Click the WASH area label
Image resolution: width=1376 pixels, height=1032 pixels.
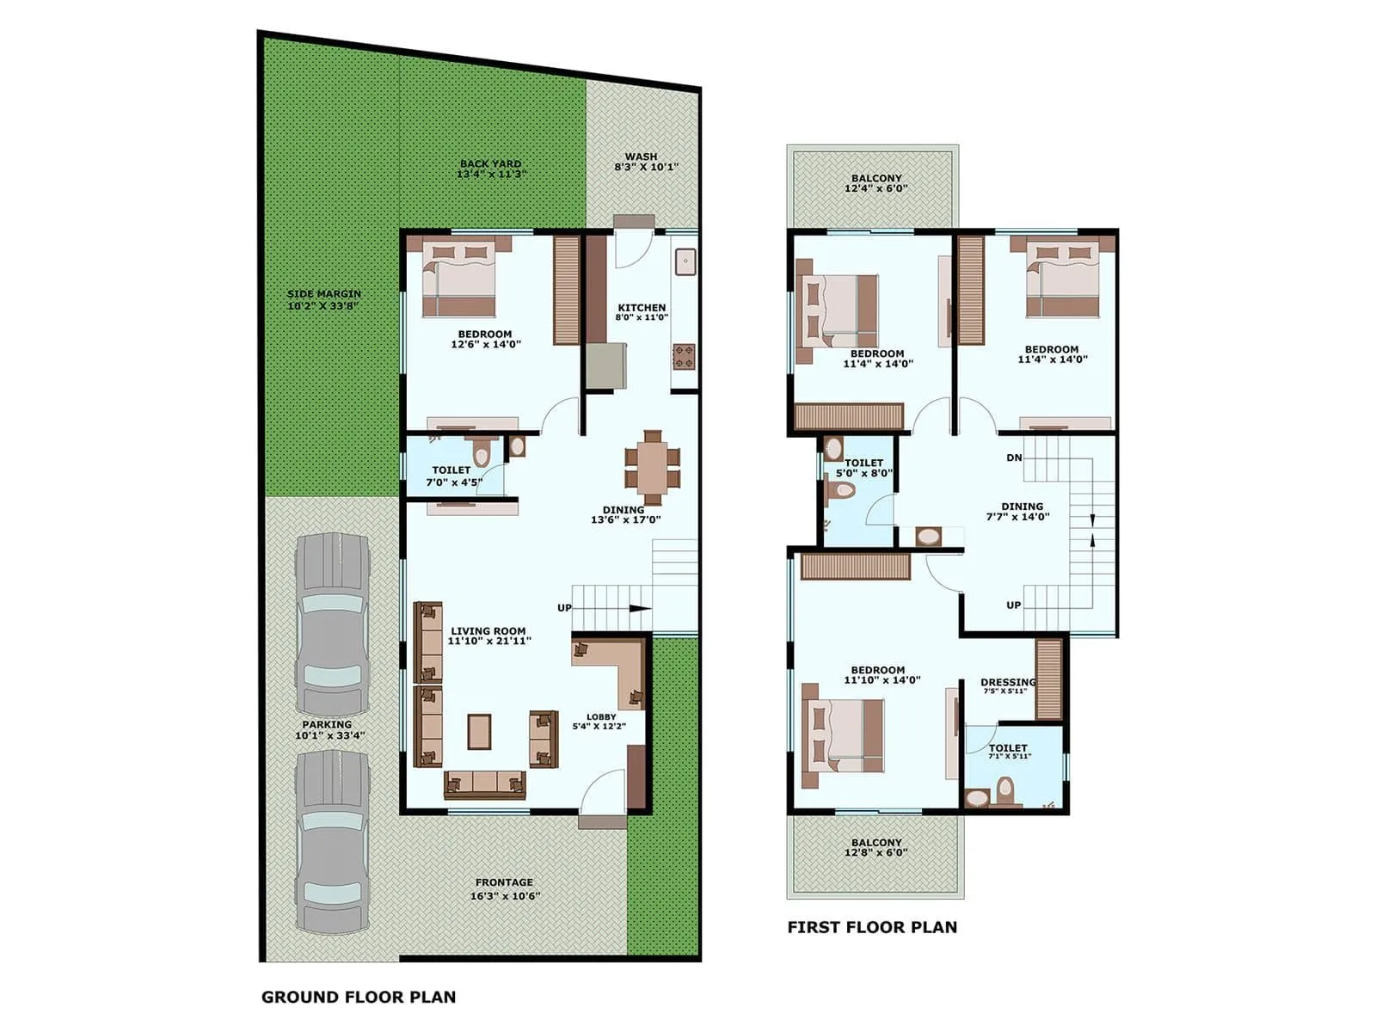642,157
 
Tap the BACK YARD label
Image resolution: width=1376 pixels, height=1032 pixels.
490,163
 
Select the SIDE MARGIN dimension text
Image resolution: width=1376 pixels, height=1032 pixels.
323,305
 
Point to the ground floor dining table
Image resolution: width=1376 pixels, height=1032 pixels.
653,467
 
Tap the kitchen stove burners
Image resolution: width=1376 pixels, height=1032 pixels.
684,356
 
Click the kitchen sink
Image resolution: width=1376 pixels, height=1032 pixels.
685,261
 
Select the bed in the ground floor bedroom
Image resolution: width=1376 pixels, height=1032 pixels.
459,278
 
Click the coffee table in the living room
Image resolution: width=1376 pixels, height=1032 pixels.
479,731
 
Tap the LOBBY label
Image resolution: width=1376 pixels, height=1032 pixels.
601,716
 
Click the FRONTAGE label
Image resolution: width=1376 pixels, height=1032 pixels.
504,882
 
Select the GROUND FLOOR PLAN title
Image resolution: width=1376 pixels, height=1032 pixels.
359,997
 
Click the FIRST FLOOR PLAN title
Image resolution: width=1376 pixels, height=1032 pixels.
872,927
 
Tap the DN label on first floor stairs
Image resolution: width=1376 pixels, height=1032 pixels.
1014,458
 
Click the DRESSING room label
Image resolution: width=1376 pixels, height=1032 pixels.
1008,682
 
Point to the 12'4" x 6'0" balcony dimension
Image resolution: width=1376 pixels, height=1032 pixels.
876,188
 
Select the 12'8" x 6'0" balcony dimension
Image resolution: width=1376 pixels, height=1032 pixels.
876,852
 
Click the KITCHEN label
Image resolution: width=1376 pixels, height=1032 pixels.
642,307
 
